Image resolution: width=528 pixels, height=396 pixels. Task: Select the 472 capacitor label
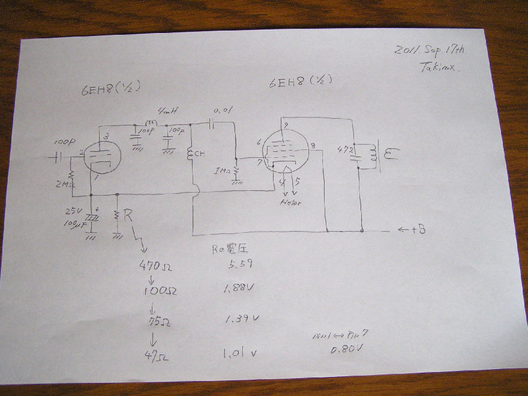342,150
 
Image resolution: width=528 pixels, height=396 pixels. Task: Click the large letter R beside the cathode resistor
129,216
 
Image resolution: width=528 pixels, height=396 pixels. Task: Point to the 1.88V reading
237,290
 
